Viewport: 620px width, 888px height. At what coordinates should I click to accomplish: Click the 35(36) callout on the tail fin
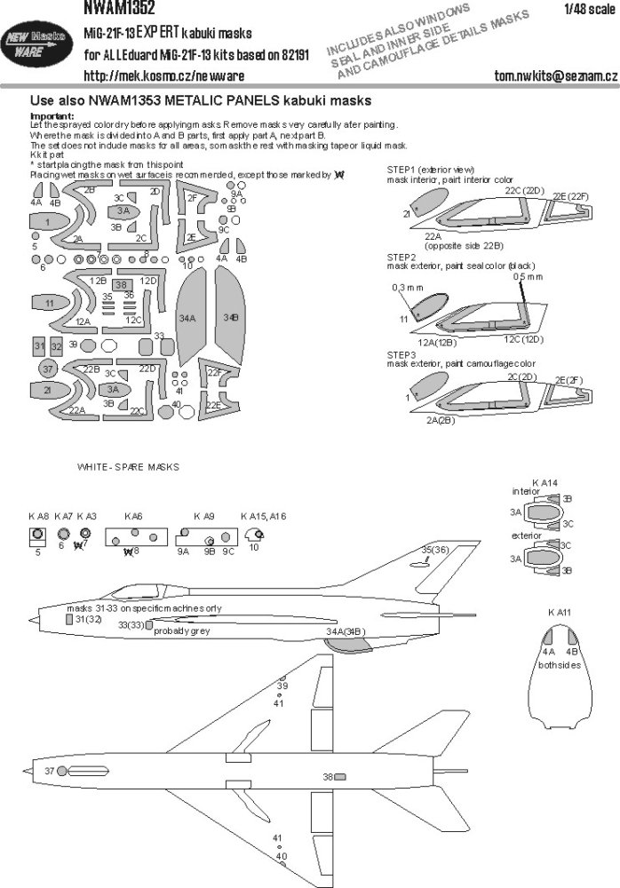(x=434, y=551)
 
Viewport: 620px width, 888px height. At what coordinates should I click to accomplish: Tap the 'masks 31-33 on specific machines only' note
(x=144, y=607)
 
